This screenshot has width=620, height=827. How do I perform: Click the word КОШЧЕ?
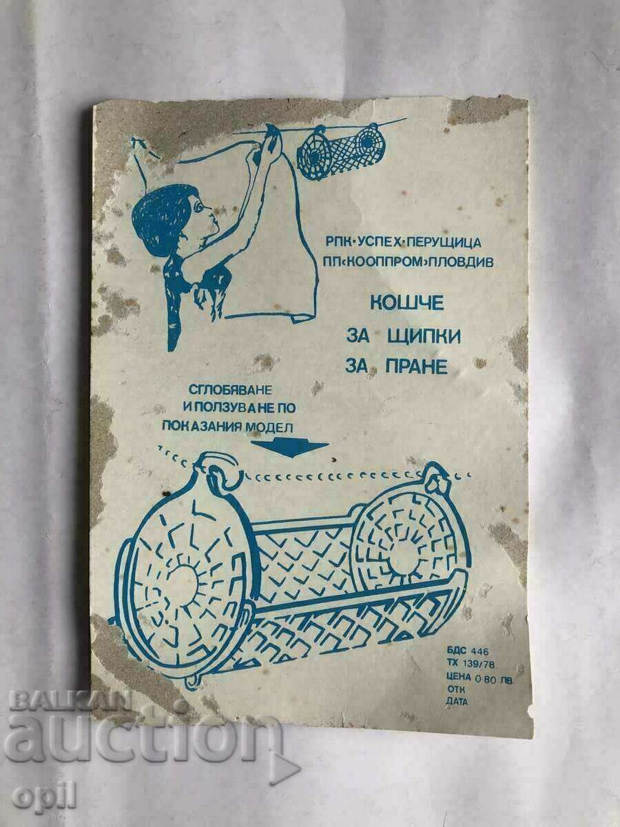click(406, 303)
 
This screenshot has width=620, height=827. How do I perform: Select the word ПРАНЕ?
click(415, 367)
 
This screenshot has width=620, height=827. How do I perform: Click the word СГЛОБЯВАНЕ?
click(229, 390)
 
